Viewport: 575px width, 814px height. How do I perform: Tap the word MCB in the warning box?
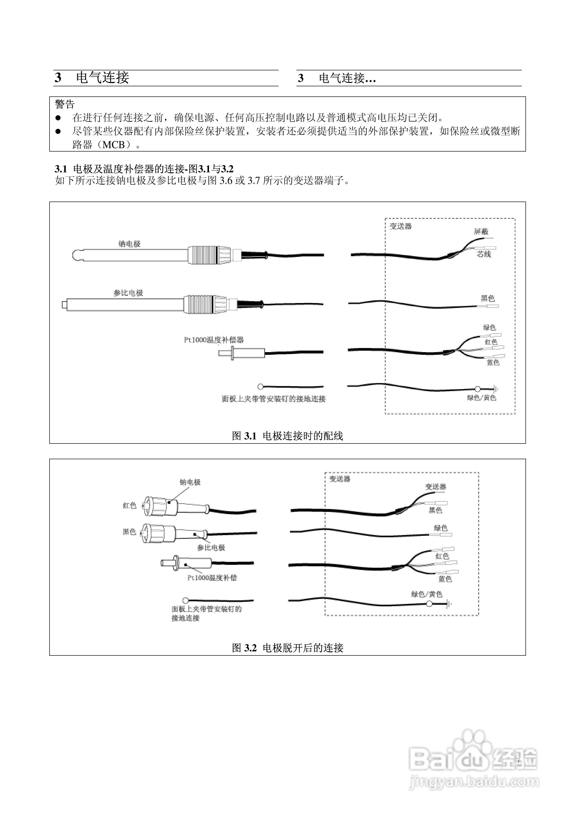(x=114, y=145)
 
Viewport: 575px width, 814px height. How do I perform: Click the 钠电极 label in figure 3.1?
(x=129, y=244)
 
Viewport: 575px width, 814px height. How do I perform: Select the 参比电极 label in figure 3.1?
(x=128, y=293)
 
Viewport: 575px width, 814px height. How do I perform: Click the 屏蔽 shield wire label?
(x=481, y=232)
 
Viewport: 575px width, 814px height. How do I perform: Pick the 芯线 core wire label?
(x=483, y=254)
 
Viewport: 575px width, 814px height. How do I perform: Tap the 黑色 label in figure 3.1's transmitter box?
(x=488, y=298)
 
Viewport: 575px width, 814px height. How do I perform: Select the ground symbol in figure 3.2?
(x=449, y=604)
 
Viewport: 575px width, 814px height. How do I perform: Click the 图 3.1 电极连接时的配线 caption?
(x=287, y=436)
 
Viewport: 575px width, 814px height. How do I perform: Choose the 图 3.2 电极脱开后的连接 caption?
(x=287, y=648)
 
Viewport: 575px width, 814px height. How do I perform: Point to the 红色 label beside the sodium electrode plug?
(x=129, y=505)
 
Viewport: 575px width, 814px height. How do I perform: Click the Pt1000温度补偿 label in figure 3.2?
(x=212, y=578)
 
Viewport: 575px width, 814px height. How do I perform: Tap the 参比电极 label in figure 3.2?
(x=211, y=547)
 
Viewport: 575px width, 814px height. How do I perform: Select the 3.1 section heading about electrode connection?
(x=144, y=169)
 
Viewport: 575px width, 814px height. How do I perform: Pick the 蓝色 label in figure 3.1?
(x=493, y=362)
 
